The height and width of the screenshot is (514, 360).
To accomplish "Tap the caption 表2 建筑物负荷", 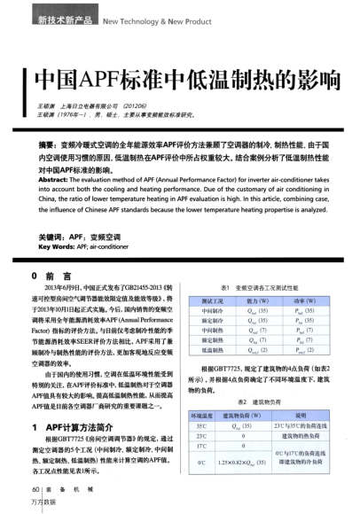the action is tap(269, 400).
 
